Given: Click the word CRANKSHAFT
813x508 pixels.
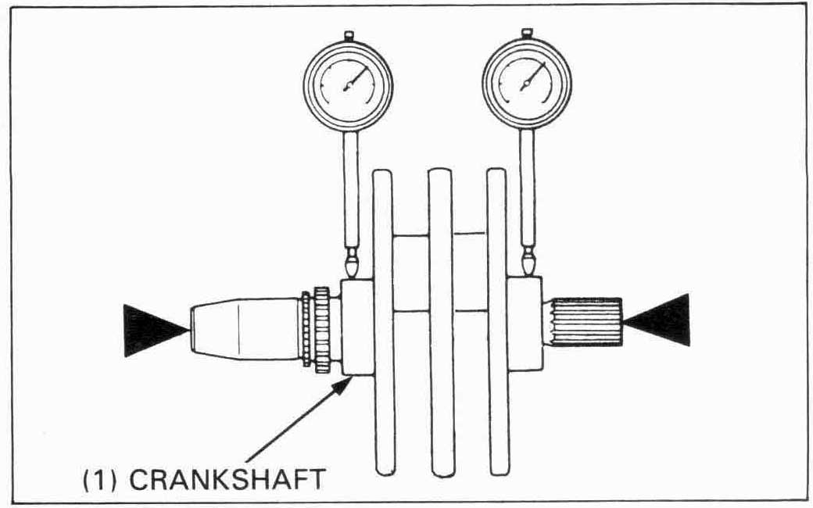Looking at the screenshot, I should coord(227,478).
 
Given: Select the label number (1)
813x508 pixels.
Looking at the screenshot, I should coord(101,478).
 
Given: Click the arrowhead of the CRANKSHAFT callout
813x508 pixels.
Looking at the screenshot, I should coord(344,382).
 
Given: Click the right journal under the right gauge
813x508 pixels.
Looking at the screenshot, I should coord(525,322).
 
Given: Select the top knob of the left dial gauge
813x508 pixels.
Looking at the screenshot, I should coord(349,34).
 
